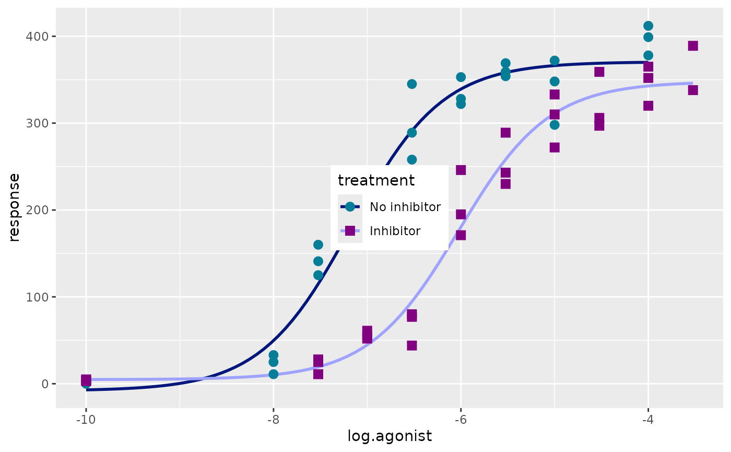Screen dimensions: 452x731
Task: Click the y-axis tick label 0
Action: tap(45, 384)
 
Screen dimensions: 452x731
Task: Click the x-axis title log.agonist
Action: tap(390, 436)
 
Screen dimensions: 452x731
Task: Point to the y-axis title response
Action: tap(15, 207)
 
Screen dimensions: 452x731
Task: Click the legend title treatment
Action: tap(376, 181)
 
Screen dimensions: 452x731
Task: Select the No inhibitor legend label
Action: tap(405, 207)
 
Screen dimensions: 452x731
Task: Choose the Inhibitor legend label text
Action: tap(395, 231)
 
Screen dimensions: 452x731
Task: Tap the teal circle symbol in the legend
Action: tap(350, 207)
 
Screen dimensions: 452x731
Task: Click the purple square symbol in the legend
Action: tap(350, 231)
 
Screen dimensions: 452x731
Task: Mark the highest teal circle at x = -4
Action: tap(648, 26)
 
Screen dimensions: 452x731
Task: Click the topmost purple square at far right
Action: tap(693, 46)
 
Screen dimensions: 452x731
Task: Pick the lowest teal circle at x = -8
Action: tap(273, 374)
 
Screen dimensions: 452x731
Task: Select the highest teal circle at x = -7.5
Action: tap(318, 245)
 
